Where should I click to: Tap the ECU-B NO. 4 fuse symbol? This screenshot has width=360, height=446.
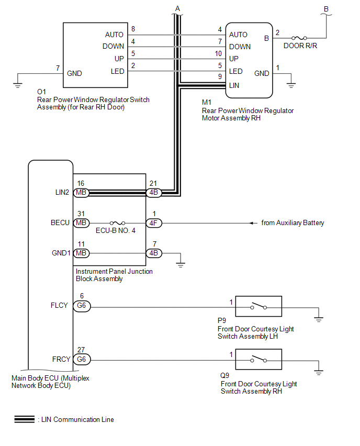click(117, 223)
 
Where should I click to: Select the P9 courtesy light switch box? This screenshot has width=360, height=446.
click(258, 306)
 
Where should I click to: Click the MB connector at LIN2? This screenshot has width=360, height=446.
click(81, 193)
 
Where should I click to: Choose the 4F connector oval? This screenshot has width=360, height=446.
click(154, 223)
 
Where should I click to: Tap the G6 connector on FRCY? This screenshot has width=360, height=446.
click(81, 360)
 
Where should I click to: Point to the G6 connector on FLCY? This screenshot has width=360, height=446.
click(81, 306)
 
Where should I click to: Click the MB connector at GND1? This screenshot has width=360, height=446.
click(81, 253)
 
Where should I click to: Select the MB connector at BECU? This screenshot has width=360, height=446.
click(81, 223)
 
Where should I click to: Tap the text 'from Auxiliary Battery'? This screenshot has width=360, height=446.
click(292, 223)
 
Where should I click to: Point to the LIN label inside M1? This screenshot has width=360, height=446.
click(234, 85)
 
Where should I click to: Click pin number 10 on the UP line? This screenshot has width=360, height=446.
click(218, 53)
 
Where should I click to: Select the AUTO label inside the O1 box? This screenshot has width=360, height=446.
click(114, 35)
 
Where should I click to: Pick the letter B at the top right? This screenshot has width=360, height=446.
click(327, 8)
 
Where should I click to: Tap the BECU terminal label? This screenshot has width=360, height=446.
click(60, 223)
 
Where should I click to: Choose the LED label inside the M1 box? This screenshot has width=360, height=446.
click(235, 72)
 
